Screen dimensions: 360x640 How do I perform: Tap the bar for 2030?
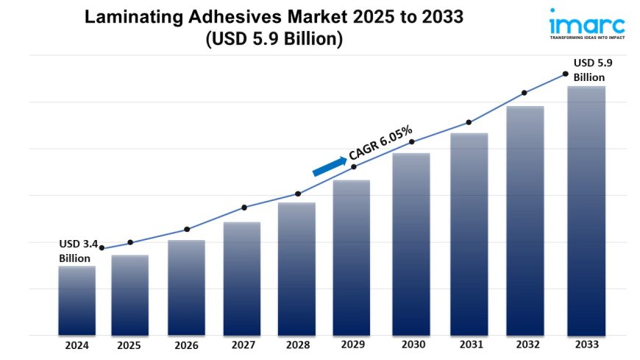411,244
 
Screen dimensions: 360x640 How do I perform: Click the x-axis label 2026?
186,344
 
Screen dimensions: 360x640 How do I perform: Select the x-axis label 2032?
525,344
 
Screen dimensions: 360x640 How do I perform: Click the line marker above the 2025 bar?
130,242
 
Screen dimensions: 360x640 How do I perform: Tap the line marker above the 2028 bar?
298,194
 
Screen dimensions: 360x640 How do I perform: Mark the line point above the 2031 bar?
468,122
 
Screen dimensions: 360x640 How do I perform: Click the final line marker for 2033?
565,74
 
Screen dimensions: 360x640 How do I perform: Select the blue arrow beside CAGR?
329,166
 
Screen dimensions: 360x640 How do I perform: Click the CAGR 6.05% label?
380,142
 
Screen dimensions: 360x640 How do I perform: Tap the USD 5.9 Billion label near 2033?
592,70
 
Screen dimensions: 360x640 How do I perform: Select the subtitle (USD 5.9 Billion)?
274,39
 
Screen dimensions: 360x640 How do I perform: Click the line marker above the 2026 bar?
187,229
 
